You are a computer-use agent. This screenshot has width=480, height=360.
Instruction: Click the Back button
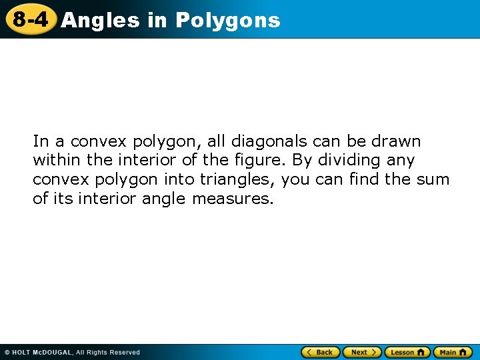pyautogui.click(x=321, y=352)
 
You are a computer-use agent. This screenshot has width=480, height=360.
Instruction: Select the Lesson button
pyautogui.click(x=407, y=352)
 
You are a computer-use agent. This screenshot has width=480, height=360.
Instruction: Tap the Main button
pyautogui.click(x=453, y=352)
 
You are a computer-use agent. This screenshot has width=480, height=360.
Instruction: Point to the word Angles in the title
pyautogui.click(x=100, y=20)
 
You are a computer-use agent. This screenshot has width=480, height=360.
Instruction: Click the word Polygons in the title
pyautogui.click(x=227, y=20)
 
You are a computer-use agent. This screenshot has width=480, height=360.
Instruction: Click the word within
pyautogui.click(x=56, y=161)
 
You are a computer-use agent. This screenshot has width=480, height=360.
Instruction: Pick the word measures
pyautogui.click(x=233, y=199)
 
